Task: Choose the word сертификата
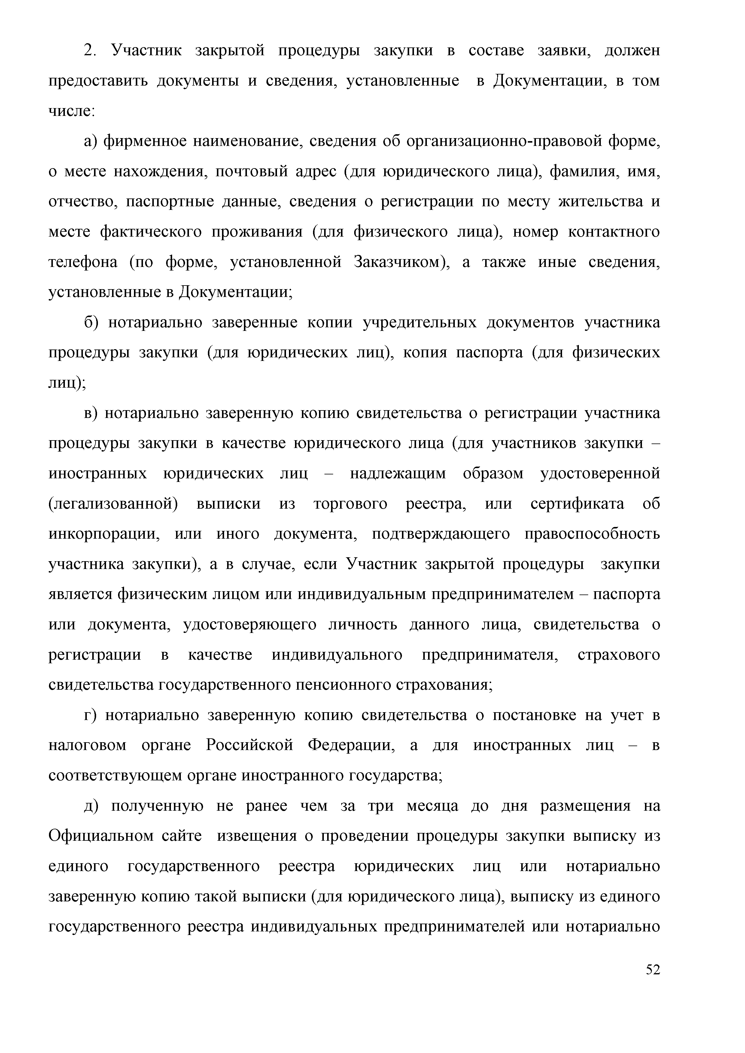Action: pyautogui.click(x=577, y=504)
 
